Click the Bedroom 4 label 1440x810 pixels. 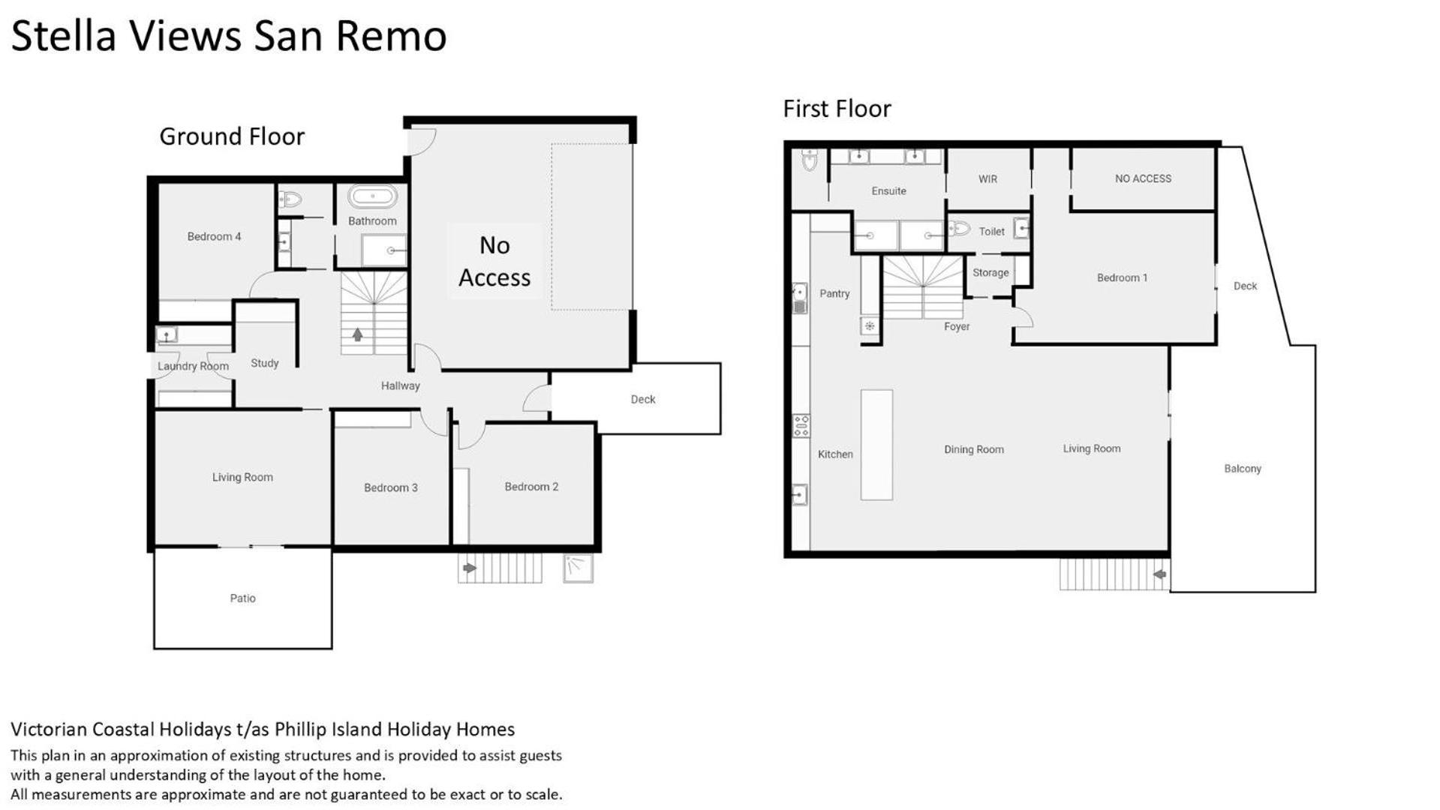214,236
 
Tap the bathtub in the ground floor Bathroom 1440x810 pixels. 372,196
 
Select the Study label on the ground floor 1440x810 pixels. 265,363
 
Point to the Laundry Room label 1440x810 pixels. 193,366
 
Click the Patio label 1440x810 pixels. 242,598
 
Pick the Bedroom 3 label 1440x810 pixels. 391,487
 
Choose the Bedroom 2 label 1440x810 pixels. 531,487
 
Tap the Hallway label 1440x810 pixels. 400,385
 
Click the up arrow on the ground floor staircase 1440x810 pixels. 357,334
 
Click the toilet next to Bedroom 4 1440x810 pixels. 290,199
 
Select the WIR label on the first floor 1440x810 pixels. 988,179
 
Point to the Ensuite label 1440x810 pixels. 888,191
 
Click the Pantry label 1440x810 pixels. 834,293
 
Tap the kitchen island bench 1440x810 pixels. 876,445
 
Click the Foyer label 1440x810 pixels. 957,326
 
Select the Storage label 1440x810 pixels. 991,273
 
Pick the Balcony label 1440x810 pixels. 1243,469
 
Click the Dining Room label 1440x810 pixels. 974,449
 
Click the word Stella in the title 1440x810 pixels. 64,36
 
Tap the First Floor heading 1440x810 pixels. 837,109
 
